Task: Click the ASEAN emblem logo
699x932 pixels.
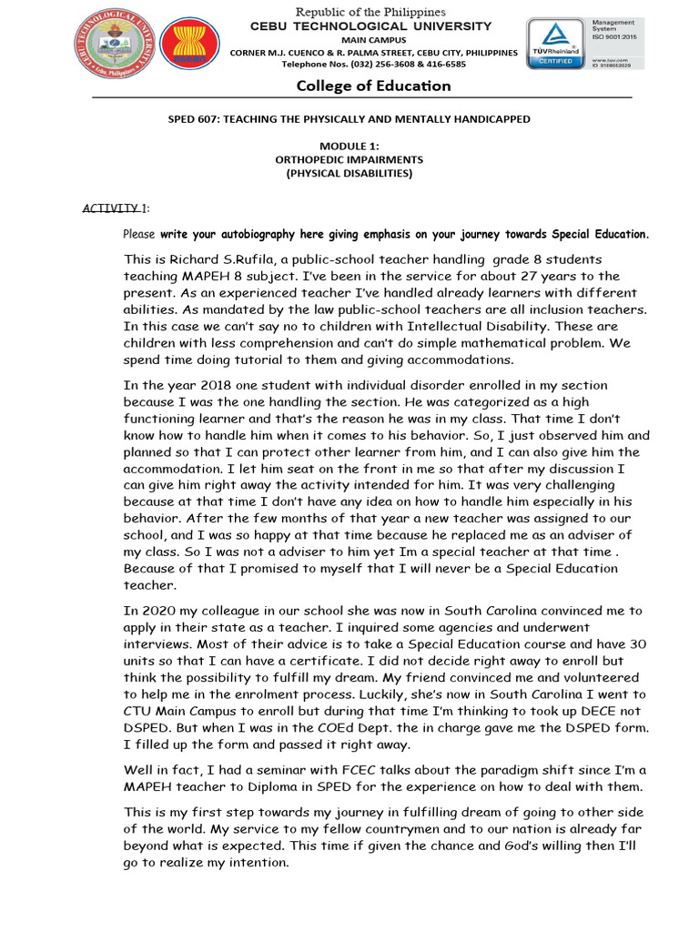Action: pyautogui.click(x=189, y=49)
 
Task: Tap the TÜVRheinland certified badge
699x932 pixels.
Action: pyautogui.click(x=555, y=44)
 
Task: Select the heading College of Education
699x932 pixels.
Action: pyautogui.click(x=373, y=86)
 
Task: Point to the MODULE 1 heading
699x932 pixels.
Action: pyautogui.click(x=349, y=146)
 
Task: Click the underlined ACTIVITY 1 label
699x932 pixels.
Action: pyautogui.click(x=115, y=208)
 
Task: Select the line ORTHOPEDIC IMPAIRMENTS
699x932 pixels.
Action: pyautogui.click(x=349, y=159)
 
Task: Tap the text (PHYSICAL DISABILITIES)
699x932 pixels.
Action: pyautogui.click(x=349, y=173)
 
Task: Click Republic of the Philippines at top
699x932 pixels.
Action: pyautogui.click(x=370, y=12)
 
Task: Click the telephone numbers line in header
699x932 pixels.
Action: pyautogui.click(x=373, y=65)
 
